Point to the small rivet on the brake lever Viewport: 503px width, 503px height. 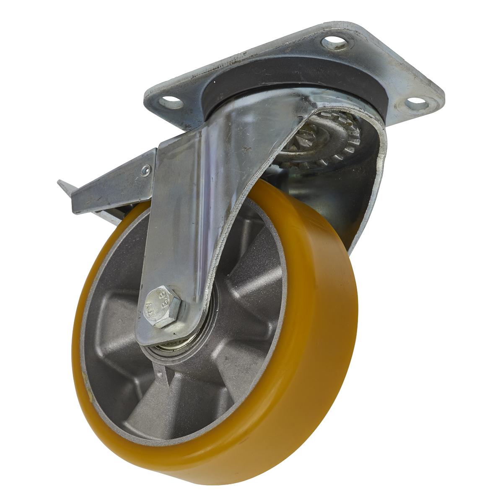point(145,170)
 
